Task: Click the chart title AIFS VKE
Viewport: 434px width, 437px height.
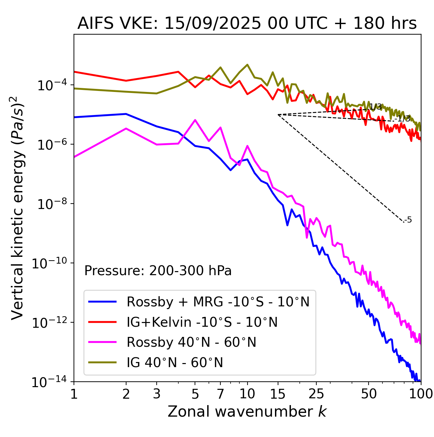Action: click(247, 24)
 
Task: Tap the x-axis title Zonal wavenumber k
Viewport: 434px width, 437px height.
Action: click(247, 412)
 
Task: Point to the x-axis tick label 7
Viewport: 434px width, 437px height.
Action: click(220, 394)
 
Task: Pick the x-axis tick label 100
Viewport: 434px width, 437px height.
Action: click(421, 394)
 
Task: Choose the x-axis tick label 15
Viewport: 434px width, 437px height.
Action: click(278, 394)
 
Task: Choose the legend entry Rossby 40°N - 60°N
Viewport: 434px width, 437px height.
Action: click(191, 342)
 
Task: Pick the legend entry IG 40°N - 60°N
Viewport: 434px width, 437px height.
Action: click(175, 363)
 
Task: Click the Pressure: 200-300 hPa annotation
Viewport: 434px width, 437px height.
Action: click(158, 271)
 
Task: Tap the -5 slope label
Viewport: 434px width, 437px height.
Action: click(409, 220)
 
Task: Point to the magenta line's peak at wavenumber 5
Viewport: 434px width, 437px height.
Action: click(195, 120)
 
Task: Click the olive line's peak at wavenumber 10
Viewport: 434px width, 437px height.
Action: click(247, 64)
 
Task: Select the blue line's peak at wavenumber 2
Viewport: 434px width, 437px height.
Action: click(126, 114)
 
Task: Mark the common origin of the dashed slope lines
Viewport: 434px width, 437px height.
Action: click(278, 115)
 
